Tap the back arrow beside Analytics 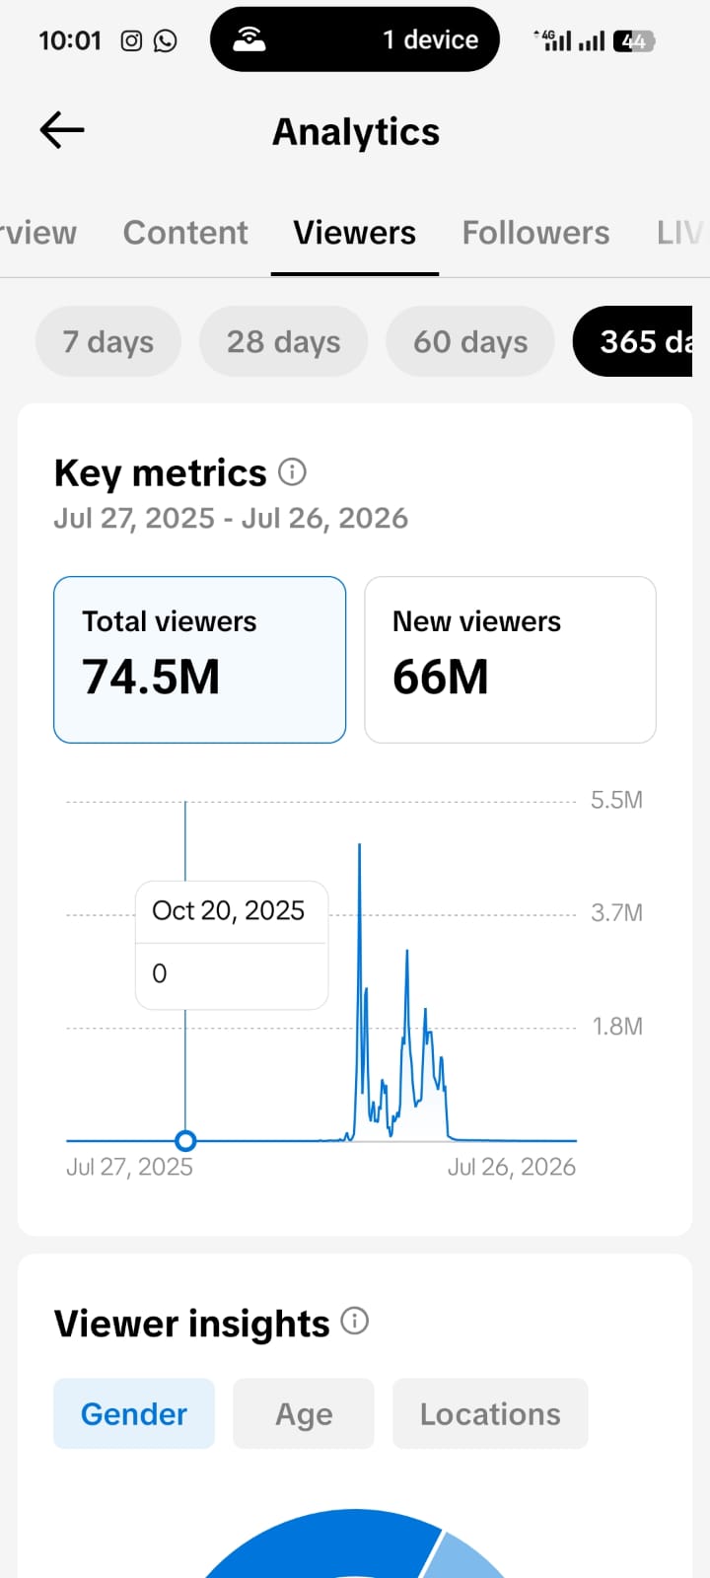62,130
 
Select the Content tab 185,233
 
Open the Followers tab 535,233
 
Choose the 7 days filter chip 108,341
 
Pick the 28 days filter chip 283,341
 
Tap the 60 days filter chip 469,341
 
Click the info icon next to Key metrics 292,472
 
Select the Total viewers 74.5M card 199,660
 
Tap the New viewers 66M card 510,660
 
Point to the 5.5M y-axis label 616,800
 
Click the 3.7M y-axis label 616,913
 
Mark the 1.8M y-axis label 617,1027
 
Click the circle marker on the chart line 185,1140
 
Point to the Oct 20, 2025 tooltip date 228,911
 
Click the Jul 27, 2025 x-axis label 129,1168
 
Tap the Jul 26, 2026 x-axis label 512,1168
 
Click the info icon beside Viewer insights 355,1321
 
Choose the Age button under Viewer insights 304,1414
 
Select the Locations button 490,1414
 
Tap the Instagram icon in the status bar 131,40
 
